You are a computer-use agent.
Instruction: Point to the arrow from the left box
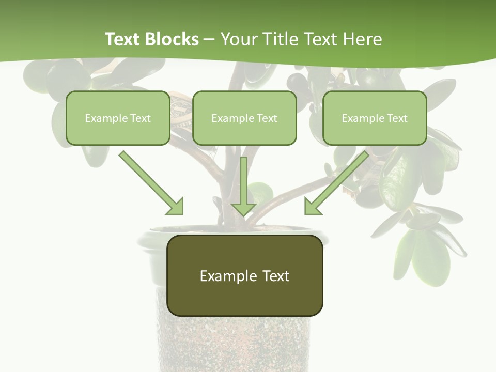(x=150, y=182)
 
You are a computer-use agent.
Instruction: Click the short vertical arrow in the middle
(x=244, y=186)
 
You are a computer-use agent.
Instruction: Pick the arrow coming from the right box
(x=338, y=182)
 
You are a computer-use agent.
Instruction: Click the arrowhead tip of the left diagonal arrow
(x=182, y=213)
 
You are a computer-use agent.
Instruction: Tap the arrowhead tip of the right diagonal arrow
(x=306, y=213)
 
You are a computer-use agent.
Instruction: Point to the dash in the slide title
(x=209, y=39)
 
